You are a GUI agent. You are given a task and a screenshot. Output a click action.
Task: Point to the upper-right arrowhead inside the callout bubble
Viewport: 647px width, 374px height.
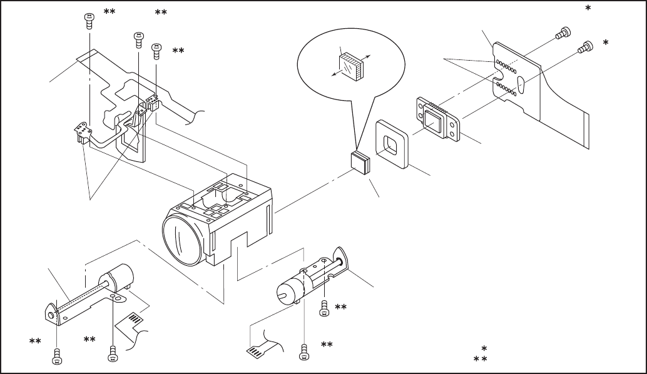coord(369,56)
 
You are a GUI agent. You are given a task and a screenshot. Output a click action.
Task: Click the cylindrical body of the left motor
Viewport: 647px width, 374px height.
coord(117,278)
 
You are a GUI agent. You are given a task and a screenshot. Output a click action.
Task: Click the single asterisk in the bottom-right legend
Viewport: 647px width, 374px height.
coord(484,348)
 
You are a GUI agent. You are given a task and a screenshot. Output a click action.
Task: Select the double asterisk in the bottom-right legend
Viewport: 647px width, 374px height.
coord(480,359)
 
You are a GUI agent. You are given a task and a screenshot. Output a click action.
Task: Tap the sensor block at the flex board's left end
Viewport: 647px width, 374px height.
coord(81,131)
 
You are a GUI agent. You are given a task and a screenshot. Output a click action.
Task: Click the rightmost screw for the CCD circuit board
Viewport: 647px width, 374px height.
coord(587,46)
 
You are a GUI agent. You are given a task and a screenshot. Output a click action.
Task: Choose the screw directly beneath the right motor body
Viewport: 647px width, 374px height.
coord(304,353)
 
